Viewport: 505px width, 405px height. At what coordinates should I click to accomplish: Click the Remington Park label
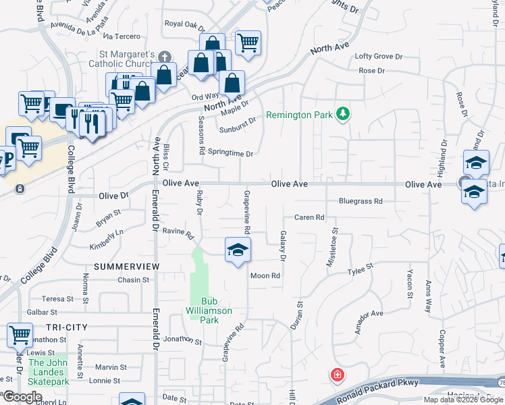point(299,115)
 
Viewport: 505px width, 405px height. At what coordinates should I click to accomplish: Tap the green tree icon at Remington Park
point(343,113)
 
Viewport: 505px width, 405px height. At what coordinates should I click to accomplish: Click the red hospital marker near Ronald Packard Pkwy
point(336,375)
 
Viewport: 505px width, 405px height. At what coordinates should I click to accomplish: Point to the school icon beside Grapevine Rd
point(238,250)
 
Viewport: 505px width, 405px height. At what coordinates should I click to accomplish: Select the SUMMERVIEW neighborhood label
point(127,267)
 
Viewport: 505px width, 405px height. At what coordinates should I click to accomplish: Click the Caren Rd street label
point(309,217)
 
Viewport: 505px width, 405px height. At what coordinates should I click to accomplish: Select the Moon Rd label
point(265,275)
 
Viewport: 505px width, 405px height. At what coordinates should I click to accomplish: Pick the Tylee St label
point(360,269)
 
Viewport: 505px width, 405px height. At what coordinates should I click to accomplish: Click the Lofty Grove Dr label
point(378,57)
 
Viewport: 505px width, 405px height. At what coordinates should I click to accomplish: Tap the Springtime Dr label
point(230,153)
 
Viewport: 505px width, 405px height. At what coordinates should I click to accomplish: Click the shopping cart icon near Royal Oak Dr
point(248,43)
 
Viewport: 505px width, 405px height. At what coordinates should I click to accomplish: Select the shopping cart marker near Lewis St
point(20,334)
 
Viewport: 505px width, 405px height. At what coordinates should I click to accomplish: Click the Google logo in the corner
point(22,397)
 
